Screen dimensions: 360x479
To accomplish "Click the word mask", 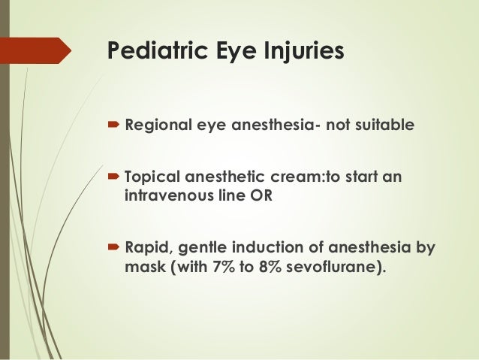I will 140,265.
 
